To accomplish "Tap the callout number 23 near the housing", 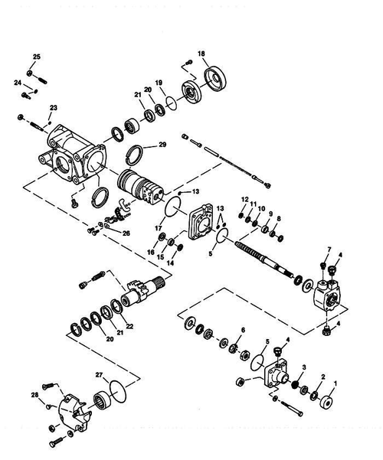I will [54, 107].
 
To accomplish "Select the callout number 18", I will [201, 53].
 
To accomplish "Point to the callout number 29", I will [162, 145].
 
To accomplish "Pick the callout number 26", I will [126, 233].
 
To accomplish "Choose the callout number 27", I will [99, 374].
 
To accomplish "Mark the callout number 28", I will [34, 395].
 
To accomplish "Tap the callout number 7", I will [329, 250].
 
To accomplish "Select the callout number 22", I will [129, 327].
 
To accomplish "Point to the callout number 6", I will [243, 330].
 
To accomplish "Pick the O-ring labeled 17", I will [173, 207].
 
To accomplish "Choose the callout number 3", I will [304, 368].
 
